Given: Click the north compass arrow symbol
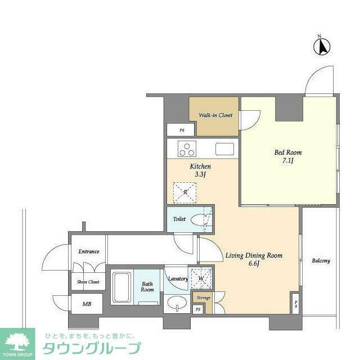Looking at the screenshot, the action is click(x=322, y=47).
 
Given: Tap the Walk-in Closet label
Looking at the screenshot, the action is click(x=215, y=115).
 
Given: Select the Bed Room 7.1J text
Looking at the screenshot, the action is click(x=288, y=156).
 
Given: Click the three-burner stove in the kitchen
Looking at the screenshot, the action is click(x=187, y=148).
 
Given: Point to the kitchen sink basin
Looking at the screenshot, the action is click(x=224, y=149).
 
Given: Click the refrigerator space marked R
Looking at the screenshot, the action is click(x=185, y=192).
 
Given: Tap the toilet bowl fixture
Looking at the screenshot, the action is click(x=199, y=220).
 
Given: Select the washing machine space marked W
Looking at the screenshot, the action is click(x=201, y=278).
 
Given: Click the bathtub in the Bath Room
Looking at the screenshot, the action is click(x=121, y=287).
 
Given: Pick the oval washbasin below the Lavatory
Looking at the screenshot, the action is click(x=177, y=304).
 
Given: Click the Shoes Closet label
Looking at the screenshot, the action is click(x=88, y=282).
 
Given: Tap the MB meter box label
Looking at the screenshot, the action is click(x=87, y=304).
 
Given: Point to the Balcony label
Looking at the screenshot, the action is click(x=321, y=261).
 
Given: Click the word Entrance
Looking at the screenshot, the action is click(x=89, y=251).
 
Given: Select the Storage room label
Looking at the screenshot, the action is click(x=204, y=298).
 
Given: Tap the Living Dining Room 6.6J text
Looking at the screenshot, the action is click(x=254, y=259).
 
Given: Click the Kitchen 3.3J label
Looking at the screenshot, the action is click(x=200, y=170).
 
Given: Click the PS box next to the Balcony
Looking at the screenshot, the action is click(x=295, y=304).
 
